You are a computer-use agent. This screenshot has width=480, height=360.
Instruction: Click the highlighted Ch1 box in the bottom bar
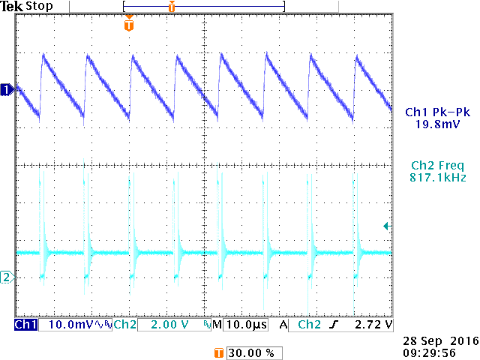pyautogui.click(x=25, y=325)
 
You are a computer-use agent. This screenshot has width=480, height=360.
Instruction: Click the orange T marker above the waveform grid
pyautogui.click(x=129, y=25)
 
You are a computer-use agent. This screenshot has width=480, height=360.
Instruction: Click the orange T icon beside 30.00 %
pyautogui.click(x=219, y=352)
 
